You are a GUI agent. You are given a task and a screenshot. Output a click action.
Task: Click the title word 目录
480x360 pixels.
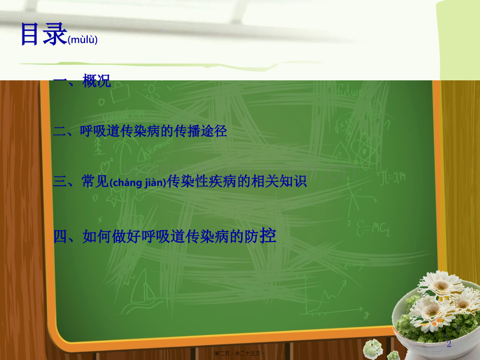[x=43, y=34]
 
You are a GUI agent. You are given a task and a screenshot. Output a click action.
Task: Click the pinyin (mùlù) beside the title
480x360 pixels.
[x=82, y=40]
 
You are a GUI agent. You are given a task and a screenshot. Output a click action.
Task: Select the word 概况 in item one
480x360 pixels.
[x=97, y=81]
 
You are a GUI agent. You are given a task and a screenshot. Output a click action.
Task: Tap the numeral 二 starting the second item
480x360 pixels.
[x=59, y=132]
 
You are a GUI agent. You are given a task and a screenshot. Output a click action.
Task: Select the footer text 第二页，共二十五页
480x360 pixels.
[x=240, y=354]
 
